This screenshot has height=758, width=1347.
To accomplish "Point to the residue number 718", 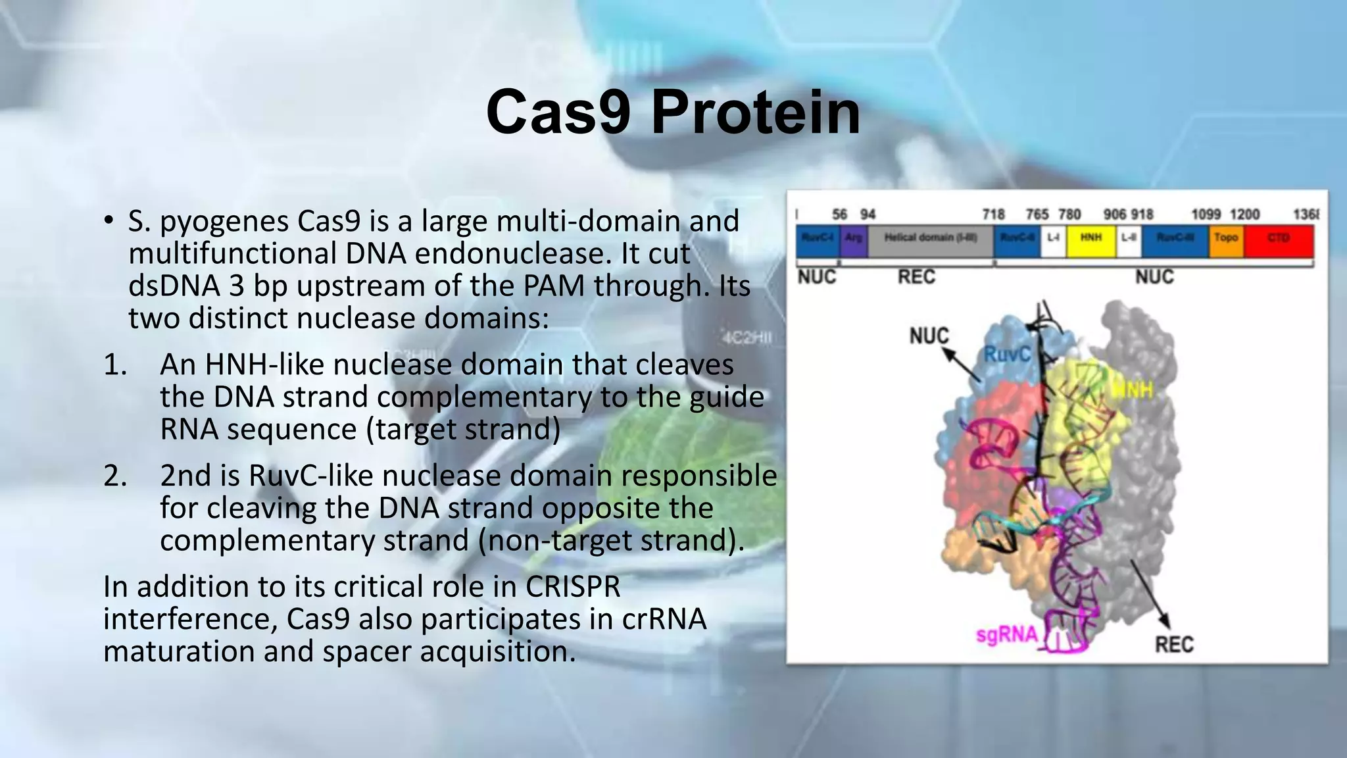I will point(993,215).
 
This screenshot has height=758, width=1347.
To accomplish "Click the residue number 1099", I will point(1206,215).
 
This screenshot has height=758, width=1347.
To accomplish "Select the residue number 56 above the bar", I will point(840,215).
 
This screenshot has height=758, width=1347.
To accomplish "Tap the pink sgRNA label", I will point(1006,635).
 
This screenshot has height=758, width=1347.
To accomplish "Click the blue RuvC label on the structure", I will point(1007,355).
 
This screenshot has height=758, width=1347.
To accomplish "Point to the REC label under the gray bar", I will point(916,277).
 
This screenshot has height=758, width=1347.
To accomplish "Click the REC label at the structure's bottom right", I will point(1174,644).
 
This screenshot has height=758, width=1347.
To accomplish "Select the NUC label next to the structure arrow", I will point(929,336).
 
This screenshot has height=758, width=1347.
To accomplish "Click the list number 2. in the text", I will point(115,476).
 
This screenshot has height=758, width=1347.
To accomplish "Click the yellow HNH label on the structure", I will point(1133,390).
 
